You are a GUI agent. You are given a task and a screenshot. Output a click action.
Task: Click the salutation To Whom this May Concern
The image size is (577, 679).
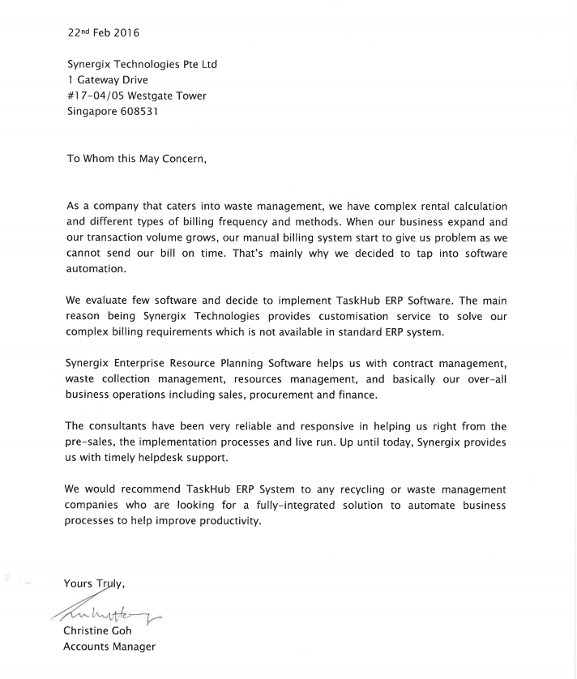pos(137,159)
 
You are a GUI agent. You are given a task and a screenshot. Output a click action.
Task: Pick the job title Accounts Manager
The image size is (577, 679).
pos(109,647)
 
